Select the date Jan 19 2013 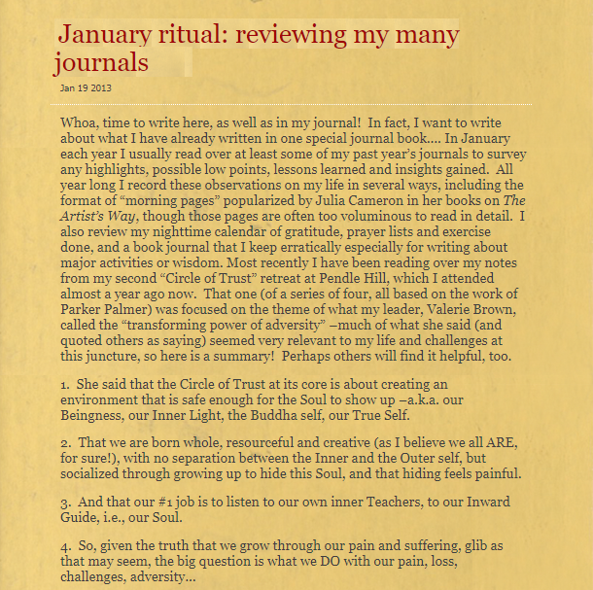86,87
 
